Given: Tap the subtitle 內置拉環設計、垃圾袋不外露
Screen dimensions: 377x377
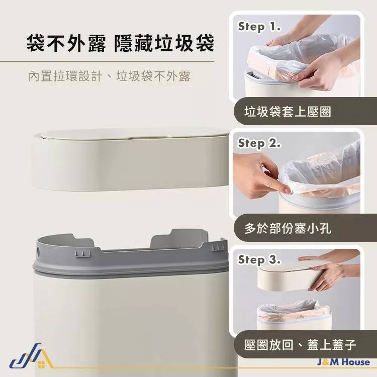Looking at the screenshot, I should point(109,77).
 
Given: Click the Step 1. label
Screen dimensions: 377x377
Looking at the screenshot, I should point(259,27).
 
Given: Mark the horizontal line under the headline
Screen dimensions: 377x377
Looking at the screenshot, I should point(111,61).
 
